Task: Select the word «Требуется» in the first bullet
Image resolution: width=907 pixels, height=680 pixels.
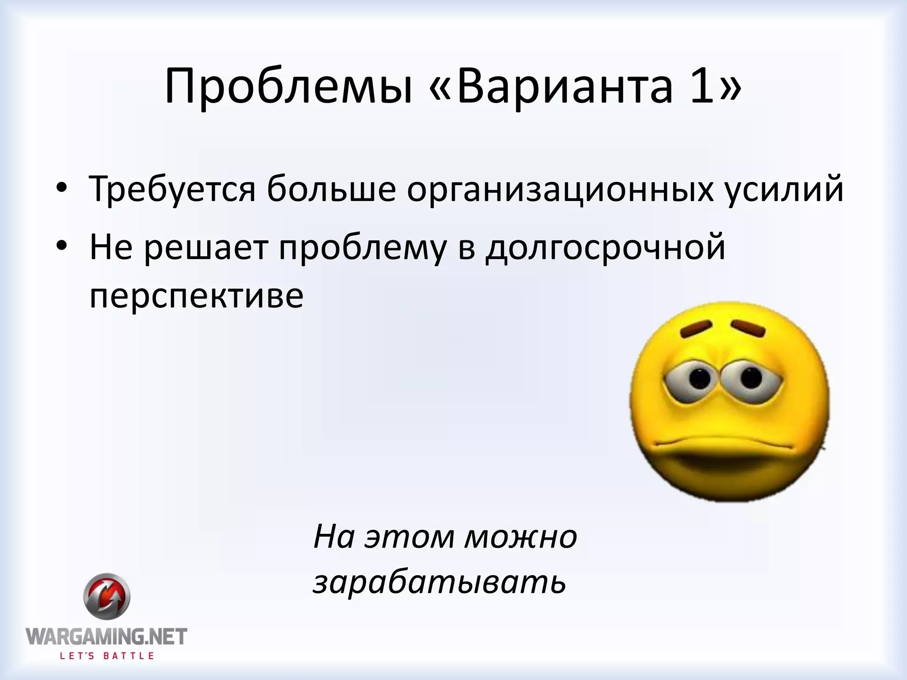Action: point(173,189)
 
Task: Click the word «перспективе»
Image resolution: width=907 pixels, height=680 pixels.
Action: point(197,297)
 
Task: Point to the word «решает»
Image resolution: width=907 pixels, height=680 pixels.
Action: point(206,248)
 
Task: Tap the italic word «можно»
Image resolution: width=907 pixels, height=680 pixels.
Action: point(521,537)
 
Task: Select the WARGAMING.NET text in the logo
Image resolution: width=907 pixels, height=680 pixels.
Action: point(107,637)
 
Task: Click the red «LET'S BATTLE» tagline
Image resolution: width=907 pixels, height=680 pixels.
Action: point(107,656)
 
